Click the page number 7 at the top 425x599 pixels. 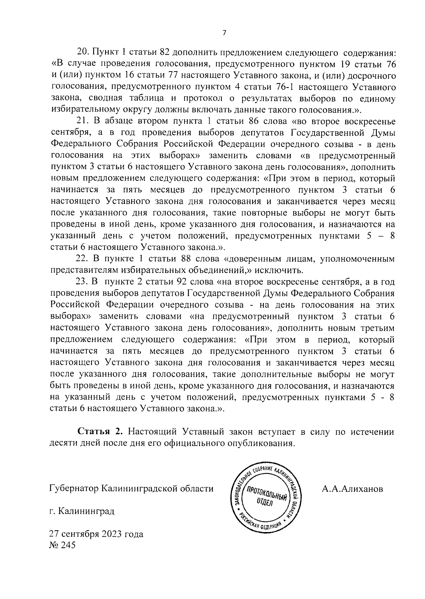pos(224,33)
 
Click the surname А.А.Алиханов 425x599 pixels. pos(352,489)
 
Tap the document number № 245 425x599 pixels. pos(62,545)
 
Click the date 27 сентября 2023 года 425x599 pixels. pos(96,534)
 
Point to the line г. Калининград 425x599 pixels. pos(82,511)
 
